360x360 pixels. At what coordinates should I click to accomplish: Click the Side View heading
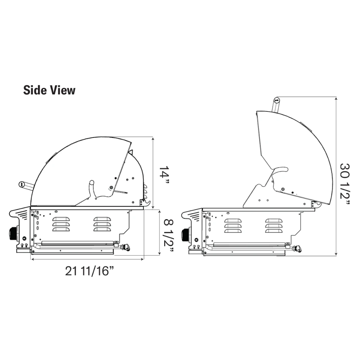[49, 90]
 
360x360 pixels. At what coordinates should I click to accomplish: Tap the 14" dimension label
[164, 175]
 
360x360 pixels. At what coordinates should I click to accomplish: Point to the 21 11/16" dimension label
[90, 271]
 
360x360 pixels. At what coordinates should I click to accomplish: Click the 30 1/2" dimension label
[345, 184]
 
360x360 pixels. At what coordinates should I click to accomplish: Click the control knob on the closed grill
[14, 234]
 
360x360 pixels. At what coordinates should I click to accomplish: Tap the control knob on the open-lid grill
[186, 235]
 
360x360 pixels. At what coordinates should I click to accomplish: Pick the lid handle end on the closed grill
[21, 184]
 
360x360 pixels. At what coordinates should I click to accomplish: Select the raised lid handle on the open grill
[276, 105]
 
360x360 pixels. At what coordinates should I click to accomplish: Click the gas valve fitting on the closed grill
[126, 248]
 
